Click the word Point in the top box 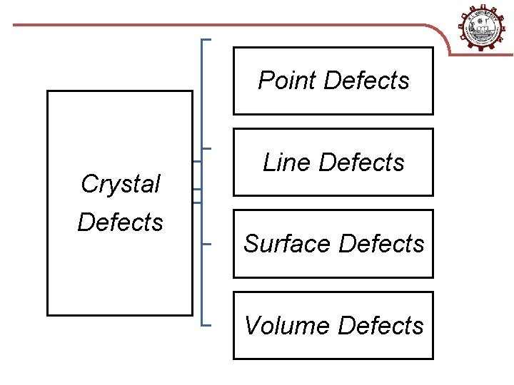(288, 81)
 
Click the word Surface (288, 244)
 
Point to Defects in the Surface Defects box (381, 244)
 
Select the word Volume (287, 326)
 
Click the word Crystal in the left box (120, 184)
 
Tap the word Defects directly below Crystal (120, 222)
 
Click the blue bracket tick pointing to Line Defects (208, 148)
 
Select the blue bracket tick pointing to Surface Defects (208, 244)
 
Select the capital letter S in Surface (251, 244)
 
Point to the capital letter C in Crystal (89, 184)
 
